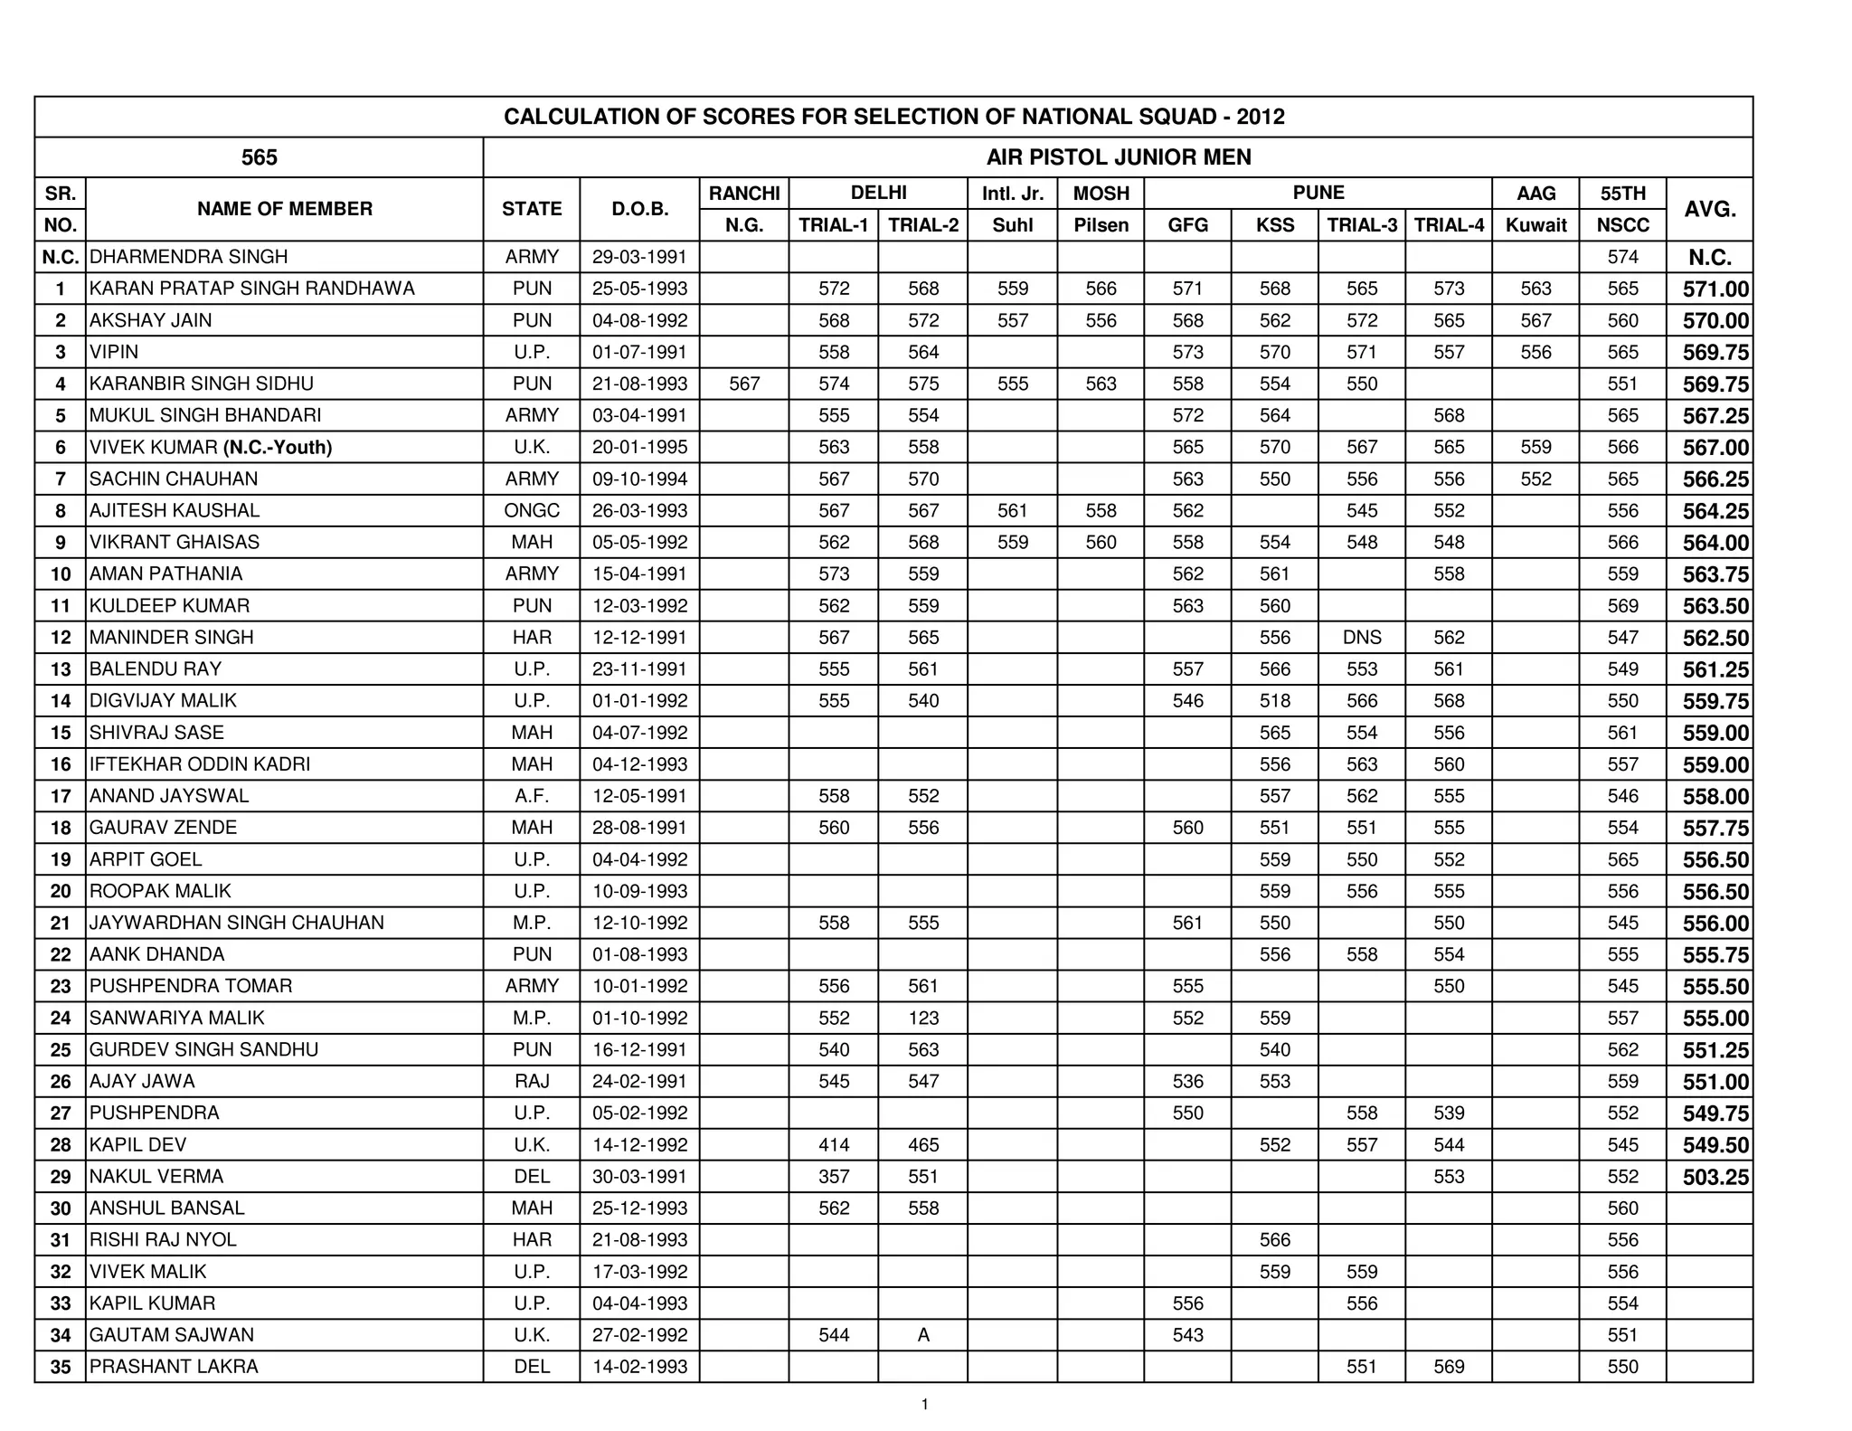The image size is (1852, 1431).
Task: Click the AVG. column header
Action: (1709, 209)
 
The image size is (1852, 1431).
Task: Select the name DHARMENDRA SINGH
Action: (188, 257)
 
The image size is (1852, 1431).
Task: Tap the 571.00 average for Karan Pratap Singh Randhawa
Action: (1715, 289)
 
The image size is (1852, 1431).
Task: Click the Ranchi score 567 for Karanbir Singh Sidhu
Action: (744, 384)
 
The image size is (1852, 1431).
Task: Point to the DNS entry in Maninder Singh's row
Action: (1362, 638)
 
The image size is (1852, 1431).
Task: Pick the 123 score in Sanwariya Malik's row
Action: (923, 1019)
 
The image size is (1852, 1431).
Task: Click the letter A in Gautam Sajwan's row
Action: (923, 1335)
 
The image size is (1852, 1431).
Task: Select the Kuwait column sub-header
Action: (1535, 225)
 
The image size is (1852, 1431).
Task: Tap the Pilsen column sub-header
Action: (1101, 225)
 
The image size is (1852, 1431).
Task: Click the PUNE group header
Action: (1318, 193)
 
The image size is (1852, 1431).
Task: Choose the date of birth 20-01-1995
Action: (639, 447)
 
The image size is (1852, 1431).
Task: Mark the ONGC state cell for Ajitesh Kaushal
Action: (532, 511)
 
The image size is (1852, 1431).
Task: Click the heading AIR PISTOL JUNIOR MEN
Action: (1118, 157)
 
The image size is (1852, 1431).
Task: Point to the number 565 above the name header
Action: (259, 157)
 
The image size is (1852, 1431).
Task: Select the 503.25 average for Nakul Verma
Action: (1715, 1178)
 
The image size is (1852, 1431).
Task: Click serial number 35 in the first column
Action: (61, 1367)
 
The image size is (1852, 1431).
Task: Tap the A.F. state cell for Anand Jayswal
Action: (532, 796)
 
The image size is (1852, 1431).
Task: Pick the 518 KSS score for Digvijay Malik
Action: (1274, 701)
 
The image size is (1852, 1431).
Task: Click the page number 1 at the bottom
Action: (924, 1405)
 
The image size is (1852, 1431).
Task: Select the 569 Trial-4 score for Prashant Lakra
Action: (1449, 1367)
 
